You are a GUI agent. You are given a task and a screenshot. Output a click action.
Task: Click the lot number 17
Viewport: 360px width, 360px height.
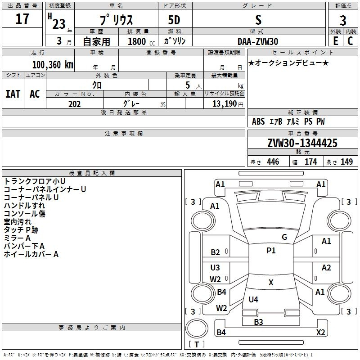click(22, 19)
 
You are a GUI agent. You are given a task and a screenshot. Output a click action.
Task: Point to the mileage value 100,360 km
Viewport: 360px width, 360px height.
click(53, 64)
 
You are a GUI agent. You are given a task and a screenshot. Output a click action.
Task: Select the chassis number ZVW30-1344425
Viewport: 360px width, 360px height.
click(302, 143)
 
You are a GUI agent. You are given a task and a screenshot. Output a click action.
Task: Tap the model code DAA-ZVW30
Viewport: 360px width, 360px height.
click(258, 41)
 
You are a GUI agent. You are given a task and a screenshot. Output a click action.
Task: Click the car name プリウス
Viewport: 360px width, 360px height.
click(116, 21)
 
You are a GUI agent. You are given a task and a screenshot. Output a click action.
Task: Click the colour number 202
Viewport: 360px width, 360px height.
click(74, 104)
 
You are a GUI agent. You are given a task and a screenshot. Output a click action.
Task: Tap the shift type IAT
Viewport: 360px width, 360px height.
click(13, 94)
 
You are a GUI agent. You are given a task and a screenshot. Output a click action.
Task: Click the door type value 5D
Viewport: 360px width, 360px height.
click(175, 21)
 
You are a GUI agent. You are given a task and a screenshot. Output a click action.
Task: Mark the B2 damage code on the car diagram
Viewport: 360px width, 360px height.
click(216, 252)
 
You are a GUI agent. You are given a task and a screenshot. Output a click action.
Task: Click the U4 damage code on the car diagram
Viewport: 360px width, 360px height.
click(253, 299)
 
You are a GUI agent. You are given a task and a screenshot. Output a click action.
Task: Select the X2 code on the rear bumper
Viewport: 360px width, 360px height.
click(320, 333)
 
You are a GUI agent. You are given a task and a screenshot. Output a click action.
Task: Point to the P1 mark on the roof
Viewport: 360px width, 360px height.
click(271, 251)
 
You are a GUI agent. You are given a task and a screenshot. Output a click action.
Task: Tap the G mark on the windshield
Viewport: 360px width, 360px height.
click(284, 237)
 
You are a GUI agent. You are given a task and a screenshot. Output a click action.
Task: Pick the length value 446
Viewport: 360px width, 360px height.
click(273, 162)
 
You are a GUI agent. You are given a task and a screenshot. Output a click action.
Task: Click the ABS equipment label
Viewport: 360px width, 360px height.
click(258, 121)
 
